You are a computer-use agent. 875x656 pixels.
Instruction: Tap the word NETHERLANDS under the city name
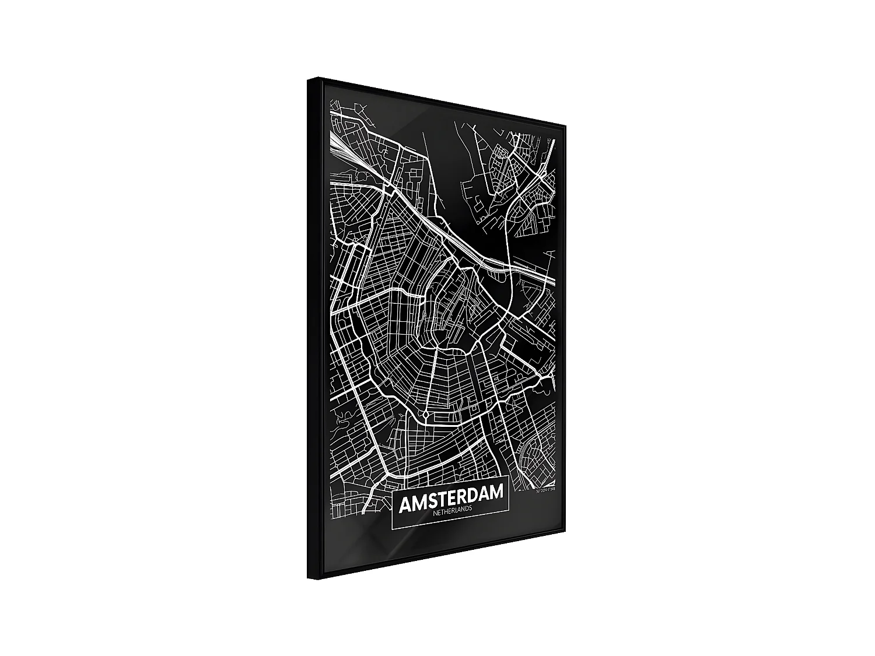pyautogui.click(x=452, y=509)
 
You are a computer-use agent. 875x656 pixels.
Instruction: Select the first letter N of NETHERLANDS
pyautogui.click(x=435, y=512)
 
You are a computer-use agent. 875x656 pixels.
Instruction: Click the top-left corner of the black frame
pyautogui.click(x=308, y=78)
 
